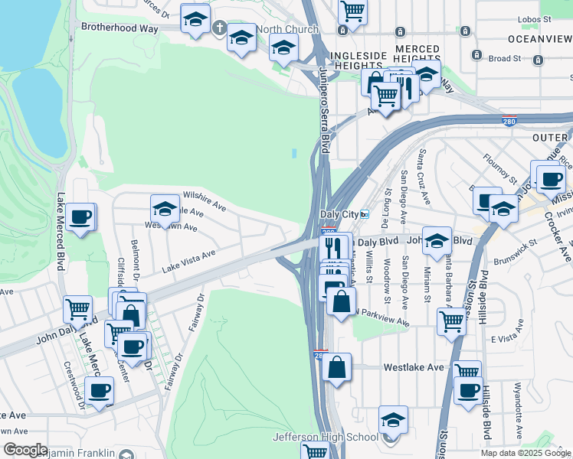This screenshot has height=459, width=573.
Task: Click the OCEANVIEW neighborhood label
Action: coord(539,37)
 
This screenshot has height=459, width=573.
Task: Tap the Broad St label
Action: coord(505,58)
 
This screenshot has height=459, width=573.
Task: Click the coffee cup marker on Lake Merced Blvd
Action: coord(80,218)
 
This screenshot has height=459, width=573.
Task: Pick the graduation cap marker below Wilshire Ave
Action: coord(165,209)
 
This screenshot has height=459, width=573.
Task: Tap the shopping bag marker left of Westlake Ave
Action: coord(336,368)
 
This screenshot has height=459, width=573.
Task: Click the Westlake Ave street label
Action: coord(414,367)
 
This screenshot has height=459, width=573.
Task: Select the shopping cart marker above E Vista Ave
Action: coord(452,322)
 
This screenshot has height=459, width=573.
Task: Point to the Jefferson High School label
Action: coord(326,437)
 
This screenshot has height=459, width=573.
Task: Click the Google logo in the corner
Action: coord(25,450)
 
